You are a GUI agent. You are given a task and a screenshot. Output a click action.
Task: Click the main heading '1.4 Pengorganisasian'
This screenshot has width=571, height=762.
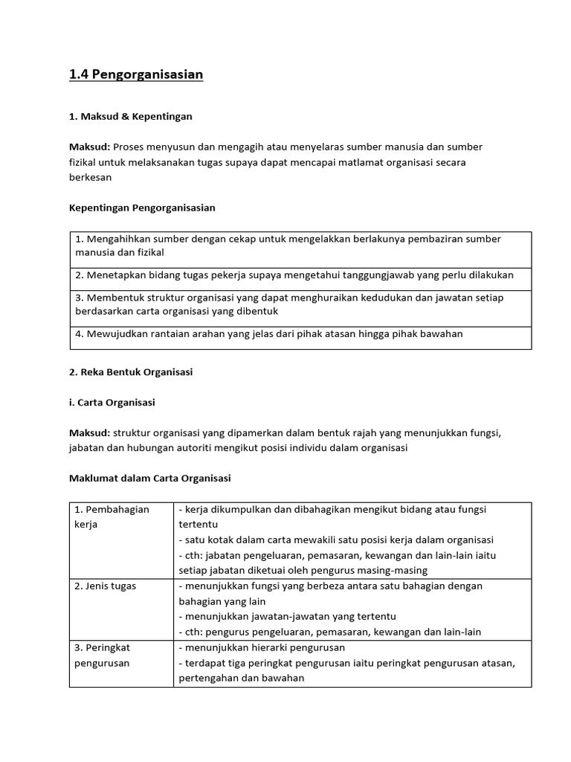[136, 74]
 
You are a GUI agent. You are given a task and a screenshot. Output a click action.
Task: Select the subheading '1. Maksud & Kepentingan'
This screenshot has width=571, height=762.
[130, 116]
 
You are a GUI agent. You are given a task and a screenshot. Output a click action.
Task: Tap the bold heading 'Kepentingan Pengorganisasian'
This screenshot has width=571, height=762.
[142, 208]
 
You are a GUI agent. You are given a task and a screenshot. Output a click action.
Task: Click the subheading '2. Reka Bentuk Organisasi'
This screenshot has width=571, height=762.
[131, 372]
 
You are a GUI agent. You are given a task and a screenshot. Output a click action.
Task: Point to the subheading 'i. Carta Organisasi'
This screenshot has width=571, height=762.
[112, 402]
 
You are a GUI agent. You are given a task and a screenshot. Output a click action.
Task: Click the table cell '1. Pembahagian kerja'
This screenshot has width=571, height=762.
[112, 516]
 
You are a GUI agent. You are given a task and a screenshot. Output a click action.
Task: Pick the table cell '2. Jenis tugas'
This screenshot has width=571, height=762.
[106, 586]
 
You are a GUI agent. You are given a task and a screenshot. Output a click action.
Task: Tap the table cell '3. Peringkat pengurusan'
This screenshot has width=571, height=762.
[103, 655]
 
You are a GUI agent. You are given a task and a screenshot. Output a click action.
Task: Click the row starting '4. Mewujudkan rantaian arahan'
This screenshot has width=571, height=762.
[269, 334]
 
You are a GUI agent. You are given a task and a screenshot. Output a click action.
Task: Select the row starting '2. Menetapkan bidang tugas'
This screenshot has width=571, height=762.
[294, 275]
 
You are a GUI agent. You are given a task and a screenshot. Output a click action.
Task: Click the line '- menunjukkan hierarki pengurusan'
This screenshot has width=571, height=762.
[257, 647]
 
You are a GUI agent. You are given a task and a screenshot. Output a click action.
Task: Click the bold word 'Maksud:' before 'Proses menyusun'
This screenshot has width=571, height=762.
[89, 147]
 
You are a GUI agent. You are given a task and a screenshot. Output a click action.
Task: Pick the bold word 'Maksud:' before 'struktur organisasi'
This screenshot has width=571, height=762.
[89, 433]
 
